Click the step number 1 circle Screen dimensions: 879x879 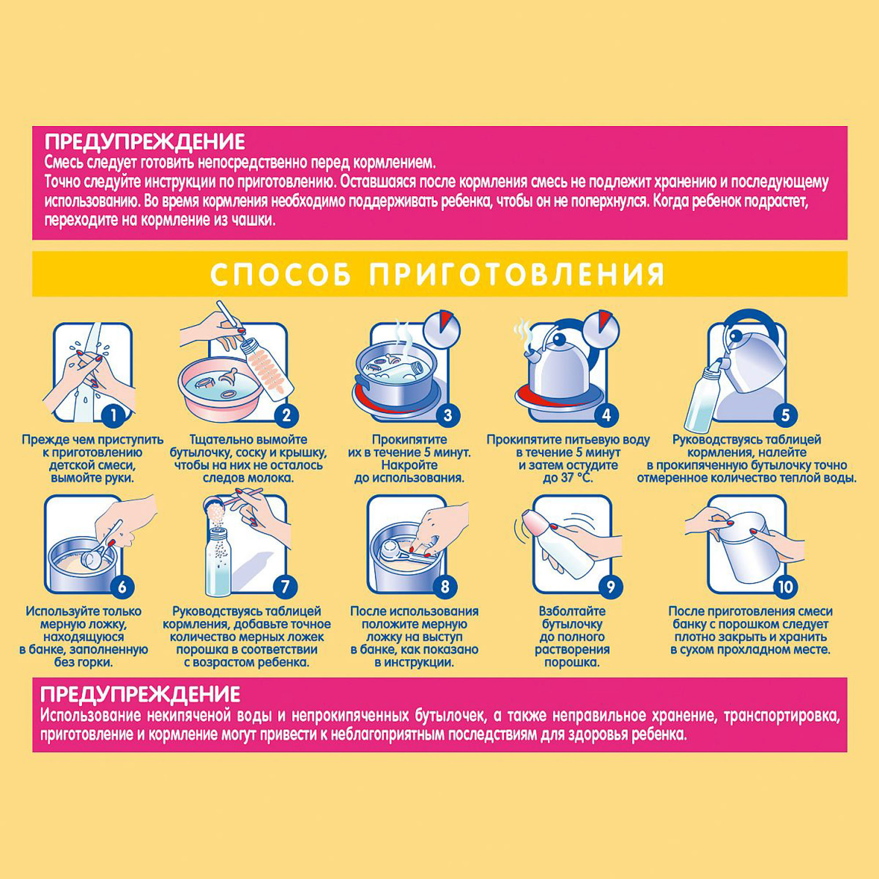coord(113,415)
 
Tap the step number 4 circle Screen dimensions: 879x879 coord(606,415)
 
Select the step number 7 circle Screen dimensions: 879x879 coord(285,586)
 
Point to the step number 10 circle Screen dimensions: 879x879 coord(785,586)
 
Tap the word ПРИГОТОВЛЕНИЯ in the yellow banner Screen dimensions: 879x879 coord(517,274)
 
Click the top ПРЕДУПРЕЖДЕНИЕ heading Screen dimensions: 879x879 coord(145,142)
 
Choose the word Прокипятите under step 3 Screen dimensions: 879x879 coord(410,440)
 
